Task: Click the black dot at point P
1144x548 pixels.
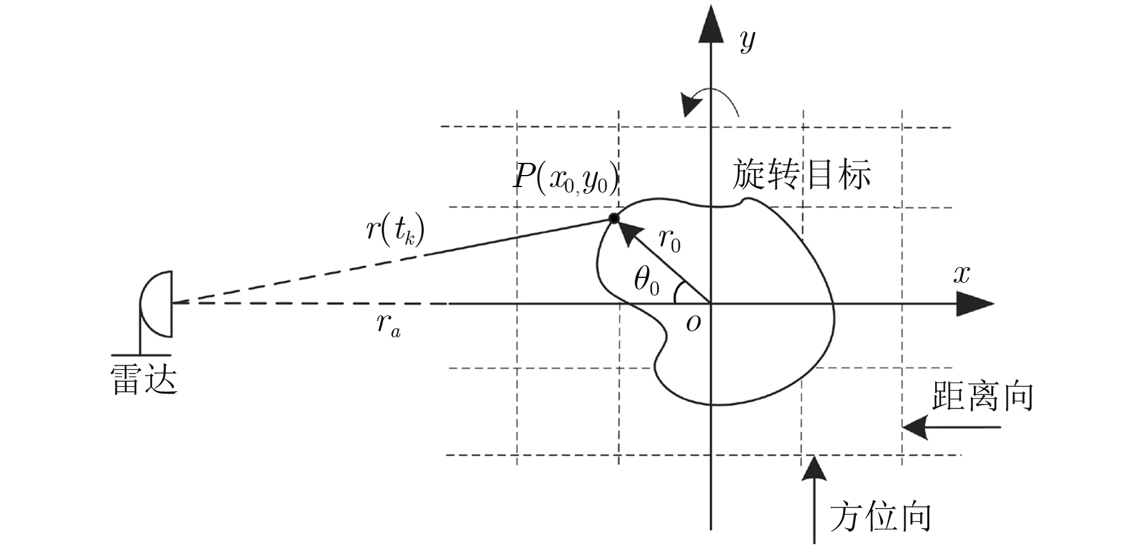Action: [x=613, y=219]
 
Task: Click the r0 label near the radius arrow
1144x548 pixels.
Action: [x=669, y=240]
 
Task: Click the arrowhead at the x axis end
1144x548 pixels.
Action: [x=975, y=303]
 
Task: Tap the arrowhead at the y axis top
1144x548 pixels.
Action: [x=711, y=27]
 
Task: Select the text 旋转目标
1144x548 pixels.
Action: [x=801, y=175]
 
